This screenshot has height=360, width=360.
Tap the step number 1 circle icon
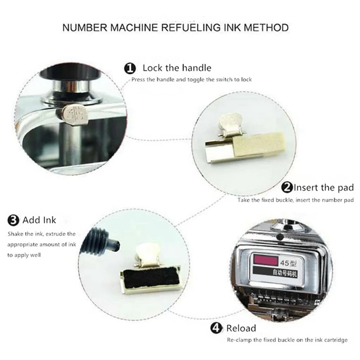pyautogui.click(x=130, y=68)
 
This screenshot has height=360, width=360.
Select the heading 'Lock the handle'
pyautogui.click(x=177, y=68)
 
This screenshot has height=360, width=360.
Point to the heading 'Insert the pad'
pyautogui.click(x=324, y=188)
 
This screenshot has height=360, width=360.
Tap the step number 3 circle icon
pyautogui.click(x=13, y=220)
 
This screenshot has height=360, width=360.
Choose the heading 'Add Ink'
pyautogui.click(x=43, y=220)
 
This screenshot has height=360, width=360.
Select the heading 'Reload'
pyautogui.click(x=241, y=328)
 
